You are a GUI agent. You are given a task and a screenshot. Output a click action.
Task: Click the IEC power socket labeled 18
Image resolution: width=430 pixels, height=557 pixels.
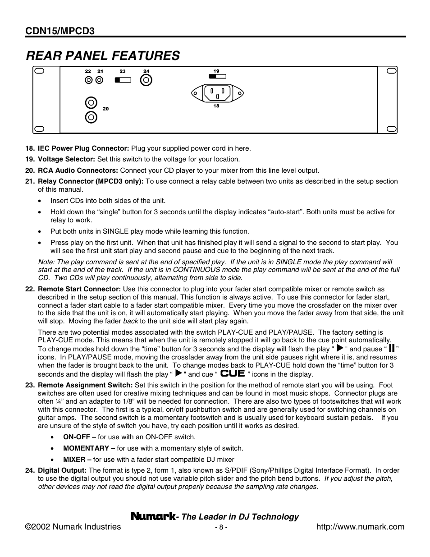click(217, 93)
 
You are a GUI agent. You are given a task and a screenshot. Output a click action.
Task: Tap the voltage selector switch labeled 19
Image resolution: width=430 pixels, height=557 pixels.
click(217, 76)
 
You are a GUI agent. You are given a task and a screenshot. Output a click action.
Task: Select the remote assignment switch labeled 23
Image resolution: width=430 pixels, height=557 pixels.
click(123, 80)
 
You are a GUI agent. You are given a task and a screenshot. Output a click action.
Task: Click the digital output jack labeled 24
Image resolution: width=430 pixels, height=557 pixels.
click(146, 80)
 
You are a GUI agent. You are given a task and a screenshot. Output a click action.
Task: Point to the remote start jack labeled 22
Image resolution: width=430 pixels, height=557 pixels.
click(89, 80)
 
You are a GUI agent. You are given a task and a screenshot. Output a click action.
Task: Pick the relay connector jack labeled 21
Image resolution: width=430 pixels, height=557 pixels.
click(99, 80)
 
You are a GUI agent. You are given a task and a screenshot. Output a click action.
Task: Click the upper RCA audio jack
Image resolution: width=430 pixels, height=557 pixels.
click(91, 103)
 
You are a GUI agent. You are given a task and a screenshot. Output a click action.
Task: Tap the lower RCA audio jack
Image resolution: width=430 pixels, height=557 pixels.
click(91, 117)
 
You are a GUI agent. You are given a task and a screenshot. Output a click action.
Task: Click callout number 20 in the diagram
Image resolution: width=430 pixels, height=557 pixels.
click(105, 109)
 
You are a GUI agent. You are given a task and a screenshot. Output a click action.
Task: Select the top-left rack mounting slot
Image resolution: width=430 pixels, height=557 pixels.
click(39, 71)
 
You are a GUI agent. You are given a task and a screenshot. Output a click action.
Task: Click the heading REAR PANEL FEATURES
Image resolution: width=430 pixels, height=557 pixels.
click(103, 55)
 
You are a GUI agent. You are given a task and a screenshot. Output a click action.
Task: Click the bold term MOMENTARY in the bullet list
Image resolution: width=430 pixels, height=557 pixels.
click(86, 448)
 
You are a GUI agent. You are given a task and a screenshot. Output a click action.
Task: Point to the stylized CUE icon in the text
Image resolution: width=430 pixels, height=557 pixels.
click(233, 373)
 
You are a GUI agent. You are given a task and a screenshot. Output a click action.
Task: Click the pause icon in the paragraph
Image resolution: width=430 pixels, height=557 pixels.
click(392, 348)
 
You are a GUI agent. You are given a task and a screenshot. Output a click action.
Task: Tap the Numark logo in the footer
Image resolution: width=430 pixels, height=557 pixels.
click(153, 516)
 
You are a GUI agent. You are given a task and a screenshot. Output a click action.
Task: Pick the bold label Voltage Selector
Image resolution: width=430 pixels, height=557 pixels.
click(66, 159)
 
